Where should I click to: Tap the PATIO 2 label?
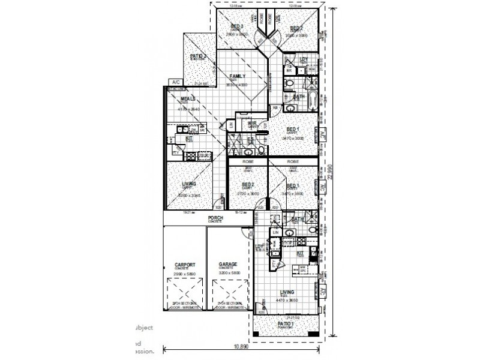pyautogui.click(x=199, y=57)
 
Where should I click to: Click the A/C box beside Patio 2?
pyautogui.click(x=176, y=82)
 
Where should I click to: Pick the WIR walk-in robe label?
pyautogui.click(x=253, y=123)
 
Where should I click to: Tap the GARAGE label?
pyautogui.click(x=223, y=264)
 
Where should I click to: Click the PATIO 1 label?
pyautogui.click(x=286, y=324)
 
